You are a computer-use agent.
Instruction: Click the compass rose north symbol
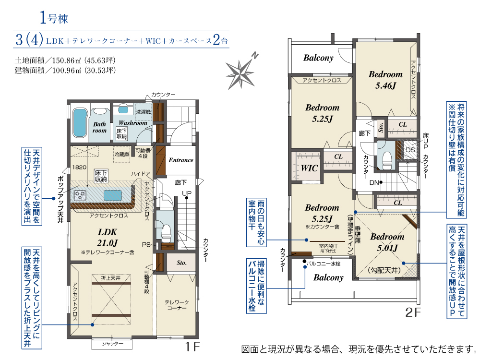[x=241, y=72]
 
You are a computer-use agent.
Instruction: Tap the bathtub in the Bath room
[x=80, y=123]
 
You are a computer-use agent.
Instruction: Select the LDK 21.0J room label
[x=108, y=237]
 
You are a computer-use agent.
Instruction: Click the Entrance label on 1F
[x=181, y=160]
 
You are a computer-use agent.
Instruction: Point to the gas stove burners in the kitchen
[x=81, y=195]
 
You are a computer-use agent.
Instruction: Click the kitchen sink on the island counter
[x=113, y=195]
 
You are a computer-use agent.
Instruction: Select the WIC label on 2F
[x=309, y=168]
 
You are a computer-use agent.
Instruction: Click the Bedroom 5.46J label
[x=385, y=80]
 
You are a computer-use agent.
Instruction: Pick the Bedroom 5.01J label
[x=387, y=242]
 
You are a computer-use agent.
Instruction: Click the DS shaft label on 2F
[x=410, y=150]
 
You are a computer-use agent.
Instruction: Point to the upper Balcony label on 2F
[x=318, y=58]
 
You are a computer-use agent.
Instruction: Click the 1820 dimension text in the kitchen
[x=79, y=167]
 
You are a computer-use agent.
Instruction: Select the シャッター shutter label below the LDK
[x=112, y=344]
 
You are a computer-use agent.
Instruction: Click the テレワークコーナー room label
[x=177, y=305]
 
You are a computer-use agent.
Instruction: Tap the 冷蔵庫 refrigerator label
[x=121, y=154]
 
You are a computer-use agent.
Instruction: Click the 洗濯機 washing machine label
[x=144, y=112]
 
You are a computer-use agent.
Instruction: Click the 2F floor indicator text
[x=413, y=312]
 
